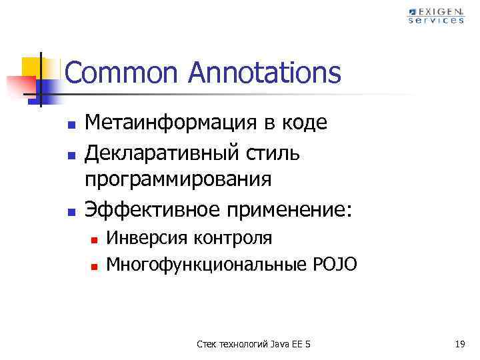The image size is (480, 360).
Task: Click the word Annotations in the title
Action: pyautogui.click(x=265, y=73)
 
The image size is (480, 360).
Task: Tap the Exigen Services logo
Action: pyautogui.click(x=436, y=15)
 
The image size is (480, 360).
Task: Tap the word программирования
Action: pyautogui.click(x=178, y=180)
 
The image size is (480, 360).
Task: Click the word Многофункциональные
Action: pyautogui.click(x=206, y=265)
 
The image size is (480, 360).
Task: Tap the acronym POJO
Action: pyautogui.click(x=334, y=265)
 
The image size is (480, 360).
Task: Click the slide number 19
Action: pyautogui.click(x=459, y=344)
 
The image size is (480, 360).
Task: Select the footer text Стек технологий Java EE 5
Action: pyautogui.click(x=255, y=344)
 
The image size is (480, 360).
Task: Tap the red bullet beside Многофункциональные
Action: pyautogui.click(x=95, y=266)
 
